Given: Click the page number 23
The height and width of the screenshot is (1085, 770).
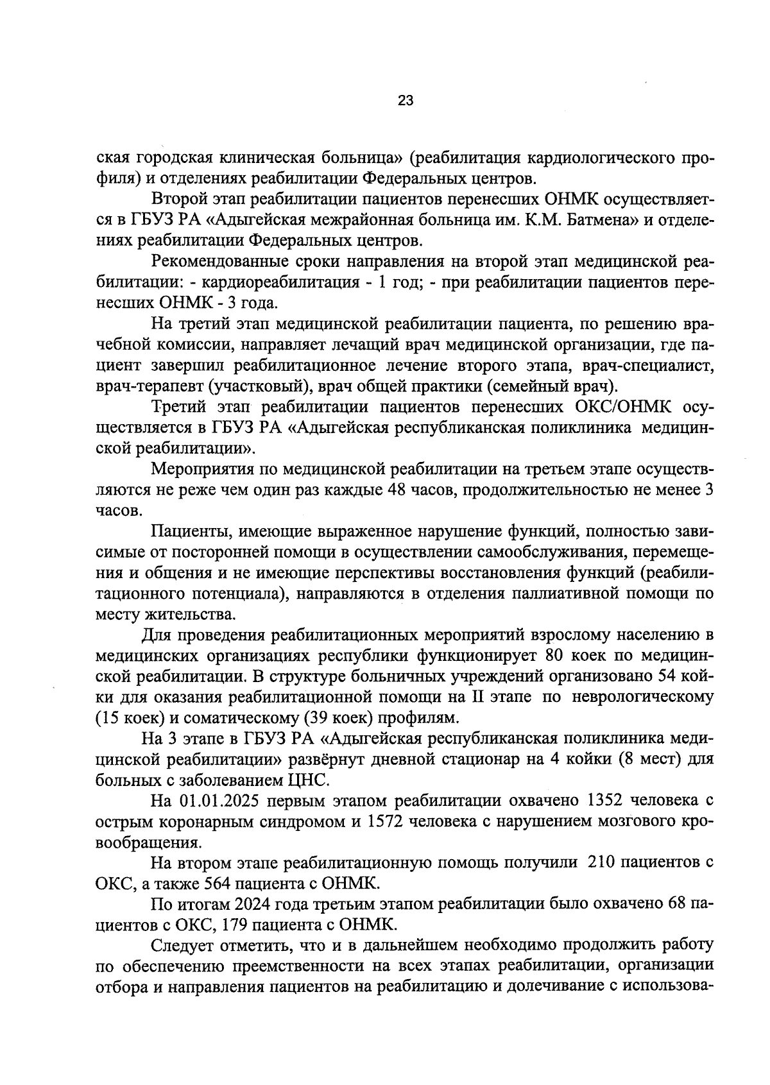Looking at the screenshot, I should pyautogui.click(x=406, y=101).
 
